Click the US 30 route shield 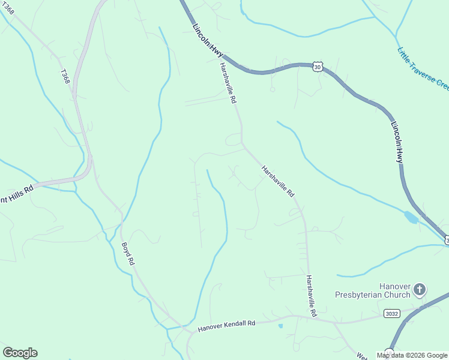(x=317, y=67)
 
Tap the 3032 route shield (x=391, y=313)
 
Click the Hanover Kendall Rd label (x=226, y=325)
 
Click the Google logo (x=20, y=353)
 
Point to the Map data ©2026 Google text (x=412, y=355)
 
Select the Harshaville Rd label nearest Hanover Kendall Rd (x=310, y=296)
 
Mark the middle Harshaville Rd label (x=278, y=182)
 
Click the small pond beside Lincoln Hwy (x=411, y=217)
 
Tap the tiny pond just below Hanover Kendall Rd (x=280, y=326)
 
